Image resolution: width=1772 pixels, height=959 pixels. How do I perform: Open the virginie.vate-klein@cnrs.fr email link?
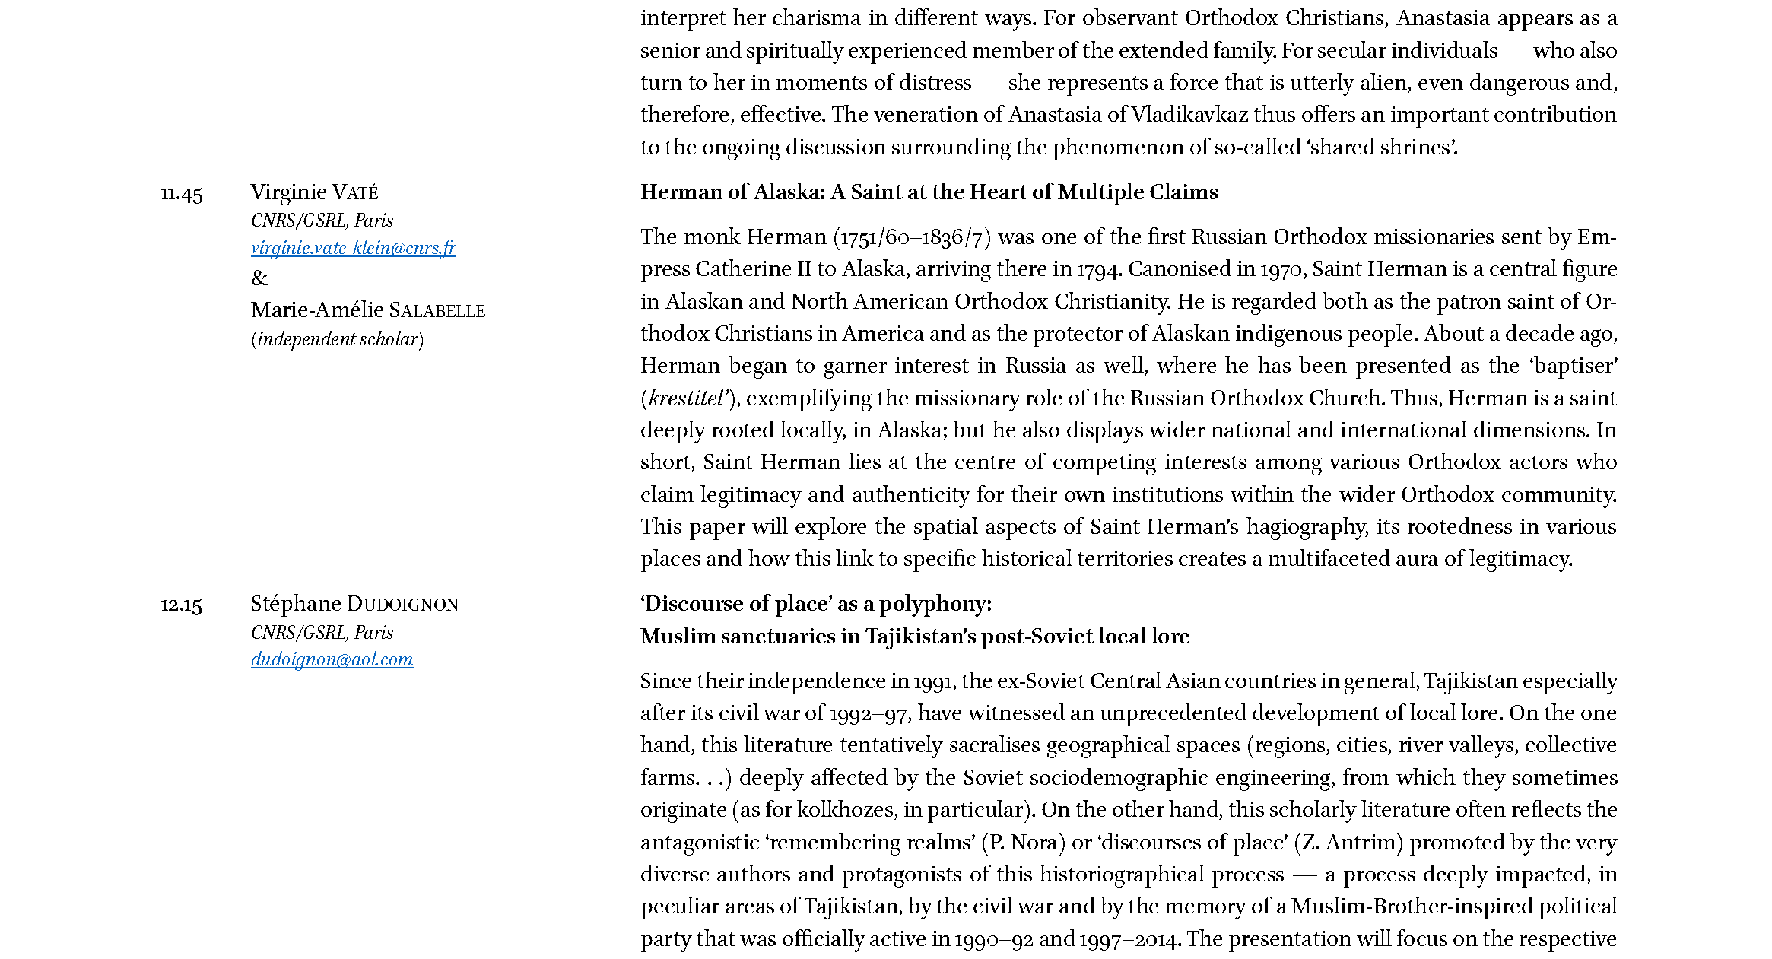353,248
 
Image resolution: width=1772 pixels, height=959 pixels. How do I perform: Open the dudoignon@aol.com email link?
332,660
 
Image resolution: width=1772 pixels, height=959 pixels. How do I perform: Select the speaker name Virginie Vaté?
314,192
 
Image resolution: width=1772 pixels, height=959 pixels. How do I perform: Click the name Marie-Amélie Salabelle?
367,310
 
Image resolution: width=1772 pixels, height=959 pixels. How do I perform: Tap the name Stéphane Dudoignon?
354,605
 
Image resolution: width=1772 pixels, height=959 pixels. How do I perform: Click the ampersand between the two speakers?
259,278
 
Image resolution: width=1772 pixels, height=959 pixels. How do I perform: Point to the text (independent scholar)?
337,339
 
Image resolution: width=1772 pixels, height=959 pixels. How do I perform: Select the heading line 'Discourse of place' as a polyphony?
815,605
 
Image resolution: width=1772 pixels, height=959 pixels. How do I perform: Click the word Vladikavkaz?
1189,115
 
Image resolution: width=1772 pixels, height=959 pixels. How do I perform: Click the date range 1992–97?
869,714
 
